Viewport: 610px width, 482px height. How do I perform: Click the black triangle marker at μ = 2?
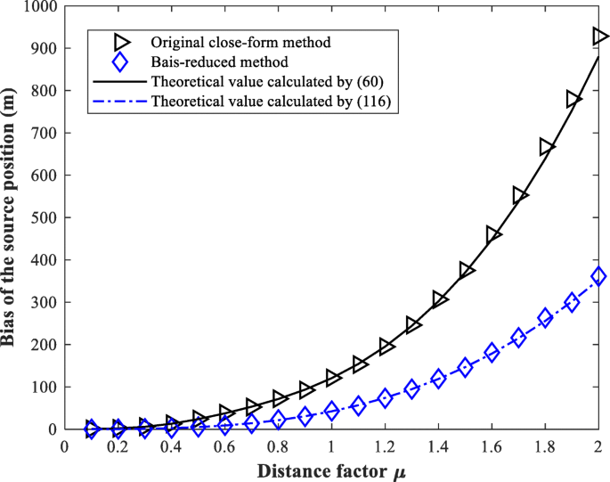pos(599,37)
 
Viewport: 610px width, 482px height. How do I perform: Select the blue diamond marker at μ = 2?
pos(598,276)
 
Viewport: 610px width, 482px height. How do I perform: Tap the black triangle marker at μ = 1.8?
pos(546,147)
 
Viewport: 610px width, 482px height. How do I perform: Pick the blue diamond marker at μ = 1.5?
pos(465,367)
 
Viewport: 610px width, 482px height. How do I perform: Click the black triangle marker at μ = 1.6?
pos(492,234)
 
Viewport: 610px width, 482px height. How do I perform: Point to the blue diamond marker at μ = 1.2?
pos(385,398)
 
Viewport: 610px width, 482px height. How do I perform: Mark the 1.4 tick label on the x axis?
pos(438,445)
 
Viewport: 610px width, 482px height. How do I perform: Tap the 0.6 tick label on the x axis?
pos(224,445)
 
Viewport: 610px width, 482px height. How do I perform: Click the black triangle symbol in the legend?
pos(121,42)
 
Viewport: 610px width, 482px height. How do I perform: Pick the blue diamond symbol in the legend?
pos(121,61)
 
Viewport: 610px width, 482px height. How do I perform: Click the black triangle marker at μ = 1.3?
pos(412,325)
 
